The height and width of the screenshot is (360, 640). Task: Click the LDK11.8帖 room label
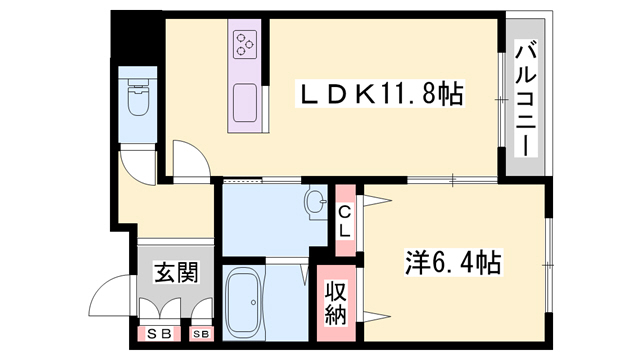(381, 95)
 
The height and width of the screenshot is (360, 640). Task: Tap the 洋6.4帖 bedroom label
(453, 262)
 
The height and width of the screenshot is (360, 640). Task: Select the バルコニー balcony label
(525, 98)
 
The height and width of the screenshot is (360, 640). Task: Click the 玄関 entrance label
(176, 272)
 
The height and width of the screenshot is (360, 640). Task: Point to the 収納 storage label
(336, 303)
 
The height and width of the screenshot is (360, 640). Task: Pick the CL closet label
(345, 222)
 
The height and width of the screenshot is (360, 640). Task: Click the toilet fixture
(138, 97)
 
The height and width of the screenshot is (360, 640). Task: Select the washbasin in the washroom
(316, 202)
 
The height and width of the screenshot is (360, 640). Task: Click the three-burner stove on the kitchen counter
(245, 44)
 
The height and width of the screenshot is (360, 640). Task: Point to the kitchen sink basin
(245, 102)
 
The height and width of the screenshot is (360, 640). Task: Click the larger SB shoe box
(159, 334)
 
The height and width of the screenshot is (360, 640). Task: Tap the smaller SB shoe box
(201, 334)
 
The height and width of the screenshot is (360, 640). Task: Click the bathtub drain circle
(253, 302)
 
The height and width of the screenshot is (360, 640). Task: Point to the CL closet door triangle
(375, 200)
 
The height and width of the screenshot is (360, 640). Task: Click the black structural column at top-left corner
(137, 37)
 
